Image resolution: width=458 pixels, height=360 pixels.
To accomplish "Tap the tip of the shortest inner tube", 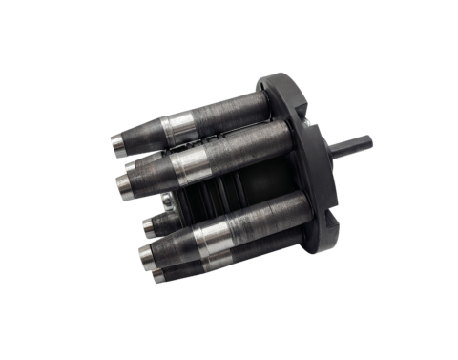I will [145, 226].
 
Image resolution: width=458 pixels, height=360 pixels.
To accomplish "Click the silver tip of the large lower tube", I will [143, 252].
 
